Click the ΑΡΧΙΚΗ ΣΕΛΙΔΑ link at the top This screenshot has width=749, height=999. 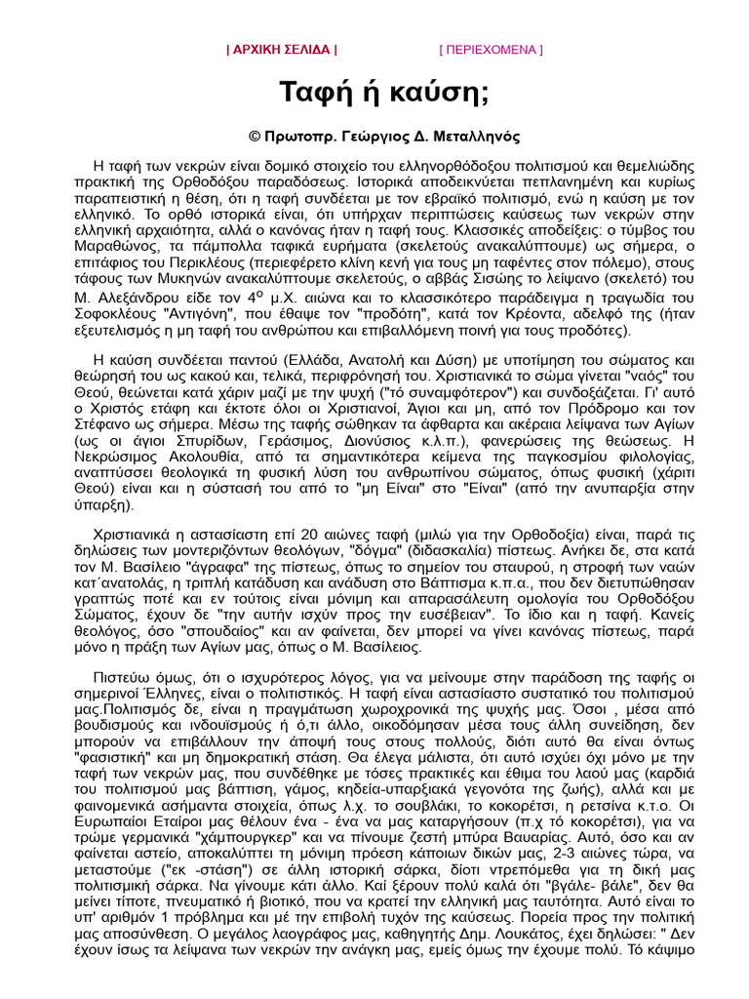pyautogui.click(x=282, y=49)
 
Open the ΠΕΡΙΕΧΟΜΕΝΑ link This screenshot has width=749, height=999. pyautogui.click(x=491, y=49)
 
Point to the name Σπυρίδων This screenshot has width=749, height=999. pyautogui.click(x=177, y=440)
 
